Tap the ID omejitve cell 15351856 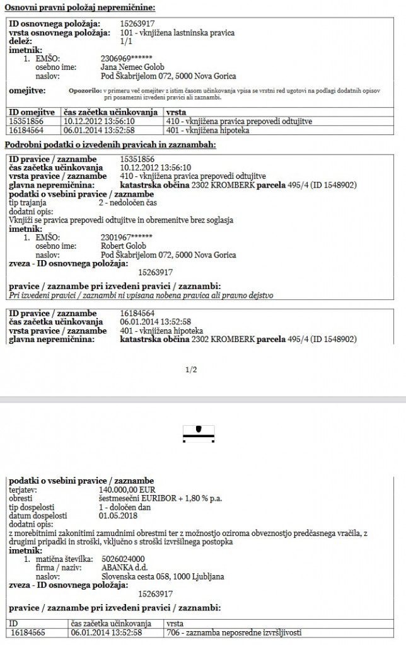pos(26,121)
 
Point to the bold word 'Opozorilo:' pos(85,91)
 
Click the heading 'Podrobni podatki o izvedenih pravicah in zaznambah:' pos(110,145)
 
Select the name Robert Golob pos(124,246)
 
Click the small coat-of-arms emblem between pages pos(199,429)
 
